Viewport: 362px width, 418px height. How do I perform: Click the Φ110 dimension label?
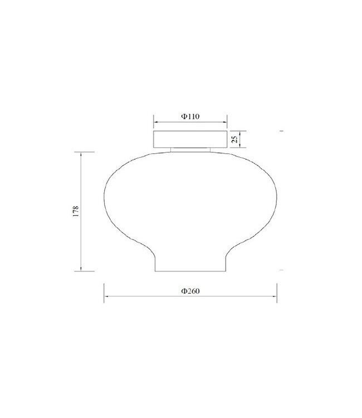[190, 116]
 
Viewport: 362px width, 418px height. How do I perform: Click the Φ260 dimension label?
[190, 291]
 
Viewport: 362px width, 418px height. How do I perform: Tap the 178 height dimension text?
[76, 211]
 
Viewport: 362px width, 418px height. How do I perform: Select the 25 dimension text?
[234, 139]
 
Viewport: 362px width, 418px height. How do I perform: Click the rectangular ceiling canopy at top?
[190, 139]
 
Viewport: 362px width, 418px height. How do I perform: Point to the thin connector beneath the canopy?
[190, 150]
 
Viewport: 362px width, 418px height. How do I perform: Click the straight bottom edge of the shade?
[190, 271]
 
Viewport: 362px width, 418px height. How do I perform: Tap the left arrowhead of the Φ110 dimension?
[156, 122]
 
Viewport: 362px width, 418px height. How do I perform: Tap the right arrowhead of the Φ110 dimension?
[224, 122]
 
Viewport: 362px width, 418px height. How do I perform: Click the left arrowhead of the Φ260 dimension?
[106, 296]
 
